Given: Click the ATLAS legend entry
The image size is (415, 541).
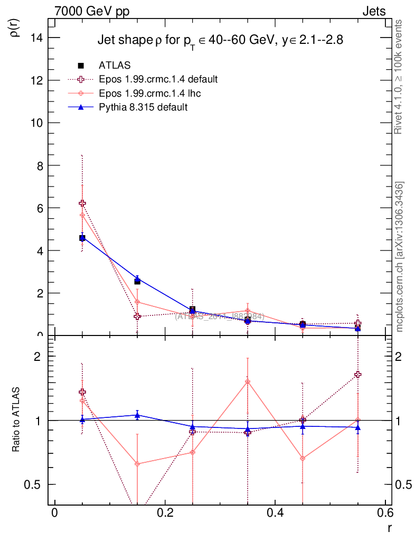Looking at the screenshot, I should coord(115,66).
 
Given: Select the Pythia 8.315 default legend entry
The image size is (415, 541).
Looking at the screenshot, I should coord(143,107).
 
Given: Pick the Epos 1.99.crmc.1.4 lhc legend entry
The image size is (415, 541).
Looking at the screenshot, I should coord(149,93).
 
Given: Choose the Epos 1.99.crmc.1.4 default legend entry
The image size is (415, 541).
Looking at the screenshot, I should coord(158,79).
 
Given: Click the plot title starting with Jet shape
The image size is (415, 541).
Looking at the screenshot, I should coord(220,41).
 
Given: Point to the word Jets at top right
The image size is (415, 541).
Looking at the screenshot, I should coord(374,11).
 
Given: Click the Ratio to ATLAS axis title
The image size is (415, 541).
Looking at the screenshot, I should coord(16,419).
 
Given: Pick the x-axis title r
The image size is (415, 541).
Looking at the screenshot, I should coord(389,528).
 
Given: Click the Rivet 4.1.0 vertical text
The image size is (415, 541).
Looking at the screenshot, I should coord(399,77).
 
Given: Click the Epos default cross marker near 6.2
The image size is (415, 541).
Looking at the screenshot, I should coord(82,203).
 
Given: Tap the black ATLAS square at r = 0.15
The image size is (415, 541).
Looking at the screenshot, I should coord(137,281).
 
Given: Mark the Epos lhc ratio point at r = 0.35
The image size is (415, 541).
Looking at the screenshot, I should coord(248,381).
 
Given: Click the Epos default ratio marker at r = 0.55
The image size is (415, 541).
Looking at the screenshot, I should coord(358,375).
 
